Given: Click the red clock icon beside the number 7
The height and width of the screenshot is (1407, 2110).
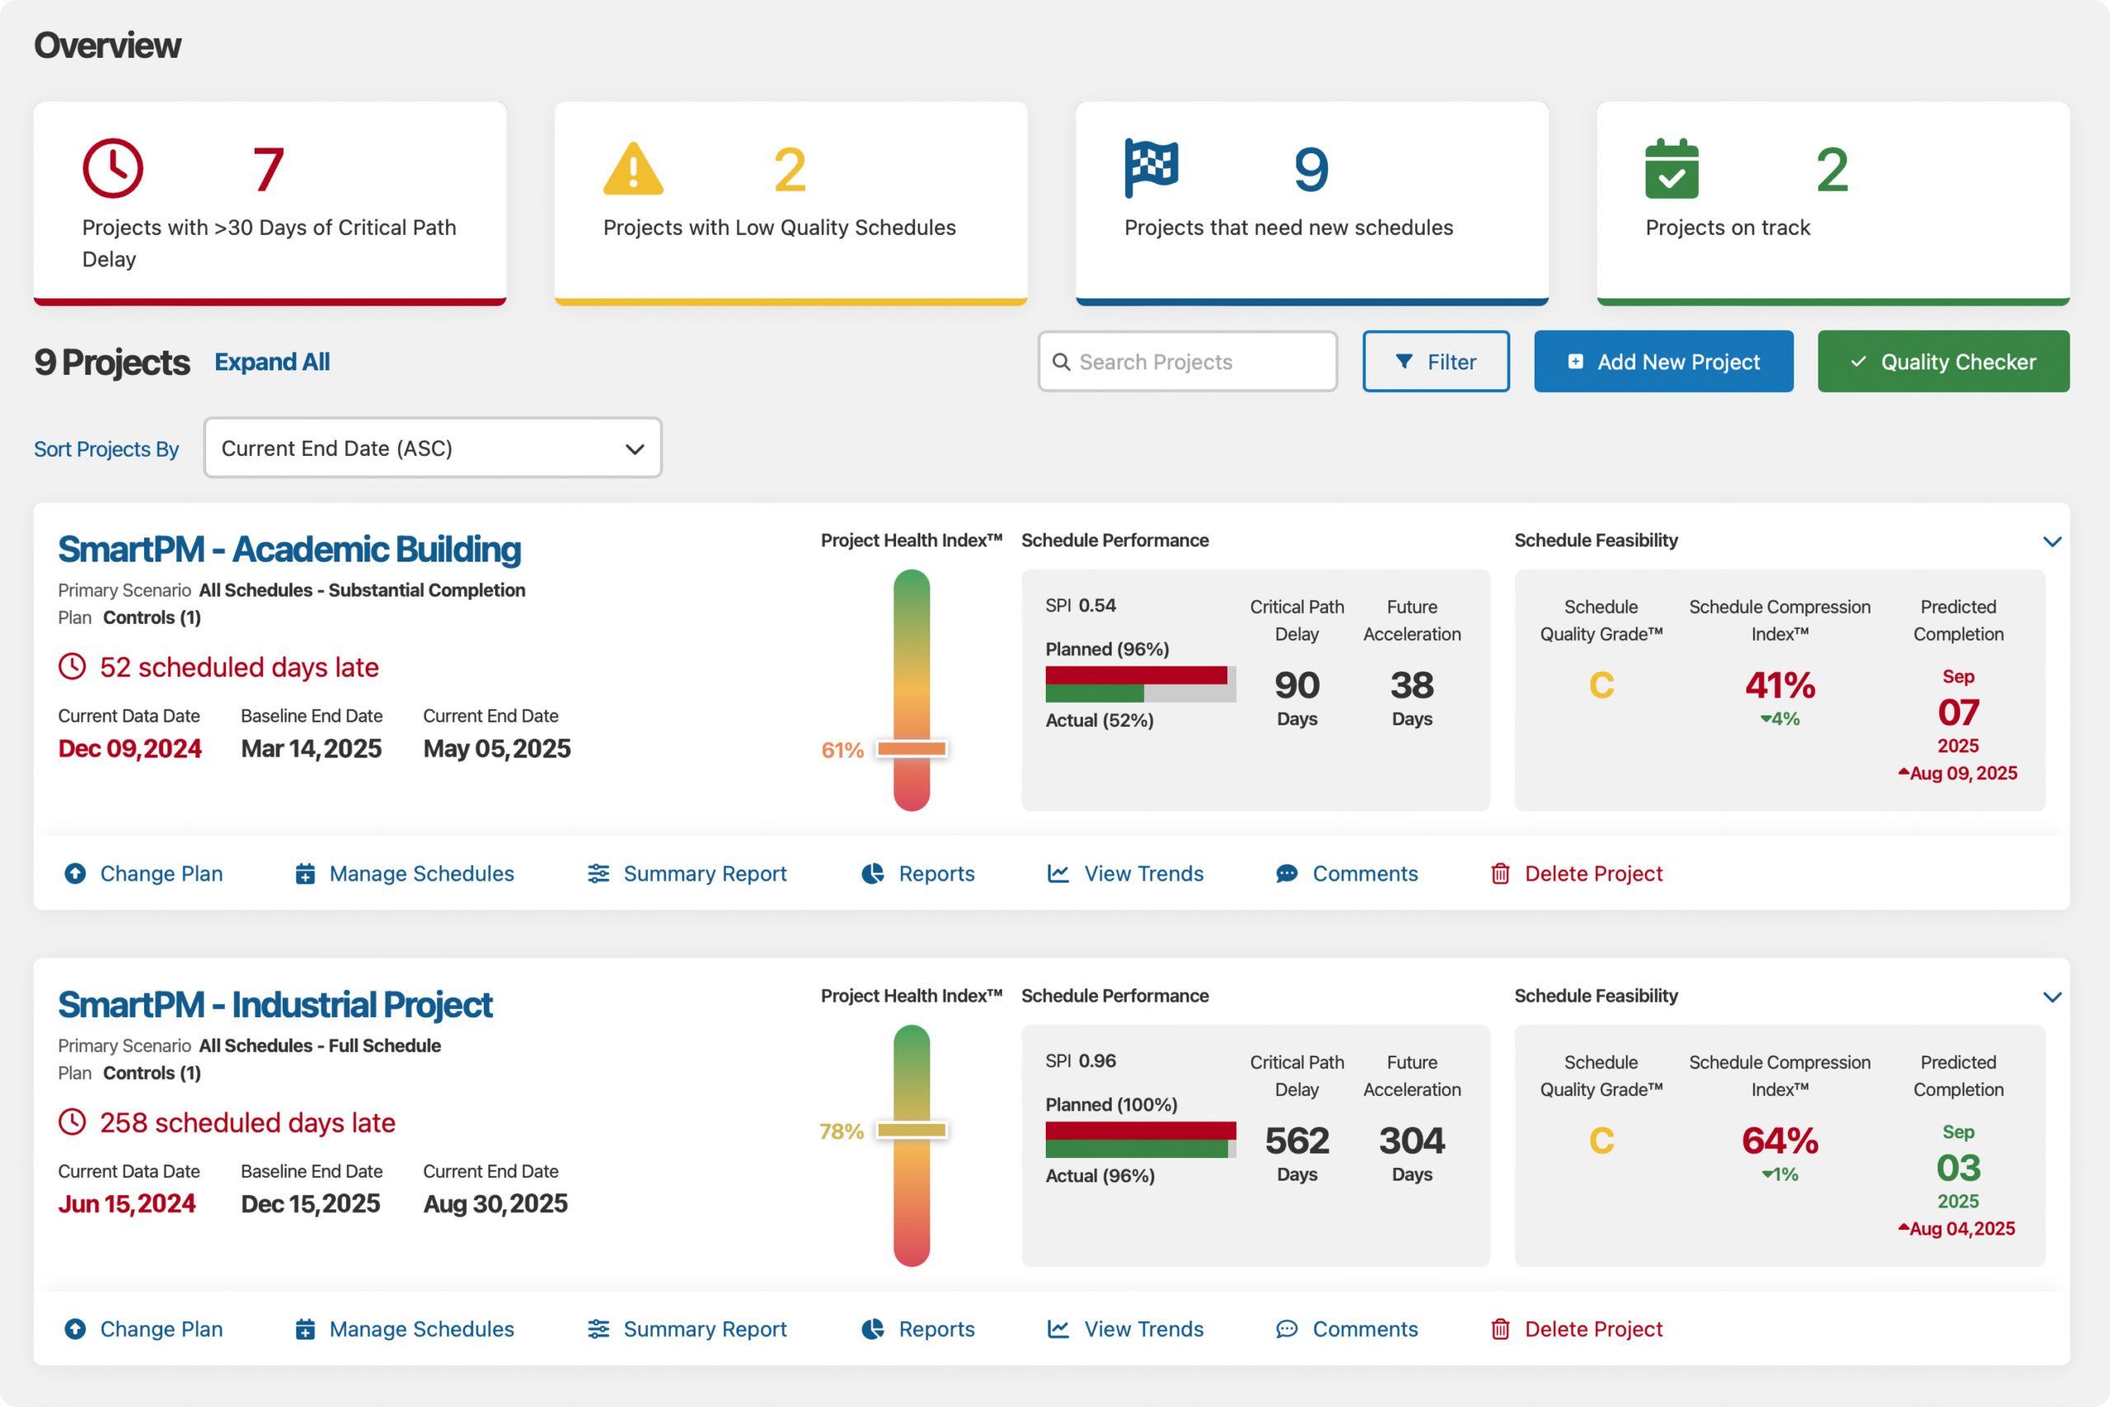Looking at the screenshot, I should click(x=113, y=168).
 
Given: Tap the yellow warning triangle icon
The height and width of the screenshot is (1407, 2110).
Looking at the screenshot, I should click(x=633, y=170).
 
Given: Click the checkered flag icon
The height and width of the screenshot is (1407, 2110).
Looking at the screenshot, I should click(x=1151, y=168).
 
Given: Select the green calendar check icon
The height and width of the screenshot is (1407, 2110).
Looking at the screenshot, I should click(x=1672, y=170).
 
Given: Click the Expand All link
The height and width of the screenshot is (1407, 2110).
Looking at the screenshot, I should click(x=272, y=362).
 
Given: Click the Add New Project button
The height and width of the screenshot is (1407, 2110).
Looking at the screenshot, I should click(x=1663, y=362).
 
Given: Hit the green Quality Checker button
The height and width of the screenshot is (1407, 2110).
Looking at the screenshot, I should click(x=1944, y=362).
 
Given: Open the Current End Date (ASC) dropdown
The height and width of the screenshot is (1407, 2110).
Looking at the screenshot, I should click(x=433, y=448).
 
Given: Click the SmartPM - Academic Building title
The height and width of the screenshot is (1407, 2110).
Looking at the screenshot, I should click(x=288, y=549).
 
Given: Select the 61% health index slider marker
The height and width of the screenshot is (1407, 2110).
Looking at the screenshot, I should click(x=912, y=748).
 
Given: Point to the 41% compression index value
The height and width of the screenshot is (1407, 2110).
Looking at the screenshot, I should click(x=1779, y=686).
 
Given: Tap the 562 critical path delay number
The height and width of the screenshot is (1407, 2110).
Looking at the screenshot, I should click(x=1297, y=1141).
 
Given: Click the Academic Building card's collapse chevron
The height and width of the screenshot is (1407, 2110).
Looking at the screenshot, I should click(x=2051, y=541).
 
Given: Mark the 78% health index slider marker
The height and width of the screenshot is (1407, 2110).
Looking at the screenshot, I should click(x=912, y=1130).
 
